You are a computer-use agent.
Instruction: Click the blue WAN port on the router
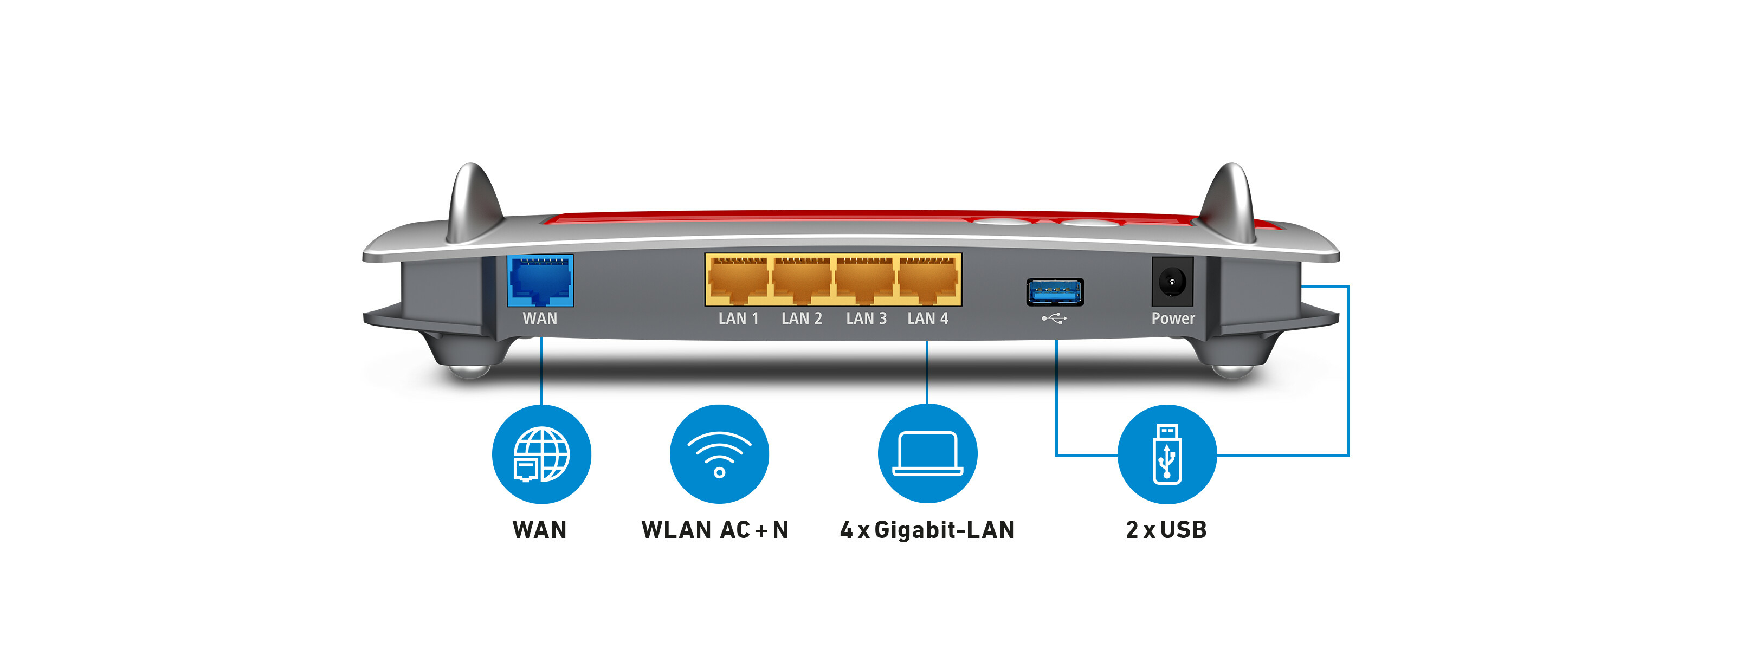(540, 281)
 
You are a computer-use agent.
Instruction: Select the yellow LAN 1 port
(738, 280)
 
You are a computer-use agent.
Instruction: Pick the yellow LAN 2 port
(801, 280)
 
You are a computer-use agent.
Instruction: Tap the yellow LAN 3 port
(864, 280)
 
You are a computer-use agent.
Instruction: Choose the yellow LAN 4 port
(928, 280)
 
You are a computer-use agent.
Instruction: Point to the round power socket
(1172, 281)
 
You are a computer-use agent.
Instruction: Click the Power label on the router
(1172, 318)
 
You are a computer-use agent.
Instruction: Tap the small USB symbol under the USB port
(1054, 318)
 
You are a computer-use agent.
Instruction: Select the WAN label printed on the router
(540, 318)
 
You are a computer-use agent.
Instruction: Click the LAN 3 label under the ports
(866, 318)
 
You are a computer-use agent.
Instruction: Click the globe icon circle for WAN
(541, 454)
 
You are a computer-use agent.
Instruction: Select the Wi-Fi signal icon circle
(719, 454)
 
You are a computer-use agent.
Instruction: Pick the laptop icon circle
(927, 454)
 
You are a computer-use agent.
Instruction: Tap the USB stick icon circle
(1166, 454)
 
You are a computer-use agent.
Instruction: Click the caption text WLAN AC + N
(714, 529)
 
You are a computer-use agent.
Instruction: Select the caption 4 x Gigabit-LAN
(927, 529)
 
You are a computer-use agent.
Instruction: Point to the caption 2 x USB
(1166, 529)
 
